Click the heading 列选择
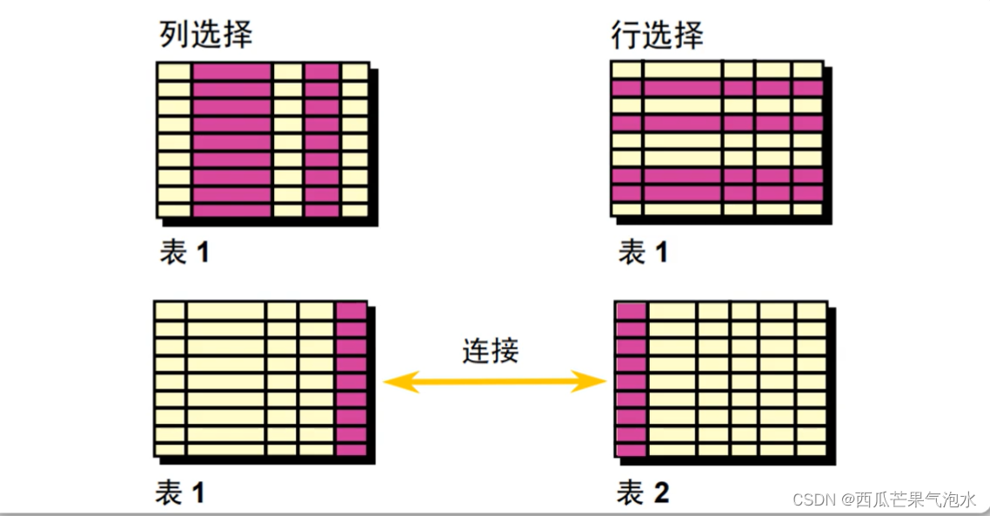pos(205,35)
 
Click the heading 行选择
pos(657,35)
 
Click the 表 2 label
pos(643,494)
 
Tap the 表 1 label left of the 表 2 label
pos(180,494)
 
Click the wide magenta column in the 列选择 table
pos(231,139)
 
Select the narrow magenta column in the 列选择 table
pos(321,139)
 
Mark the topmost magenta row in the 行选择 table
pos(717,88)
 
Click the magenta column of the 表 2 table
pos(630,379)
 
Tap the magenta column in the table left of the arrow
pos(351,379)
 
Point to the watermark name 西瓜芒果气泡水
pos(916,499)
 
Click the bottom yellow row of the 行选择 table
pos(717,209)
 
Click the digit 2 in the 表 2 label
pos(660,494)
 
